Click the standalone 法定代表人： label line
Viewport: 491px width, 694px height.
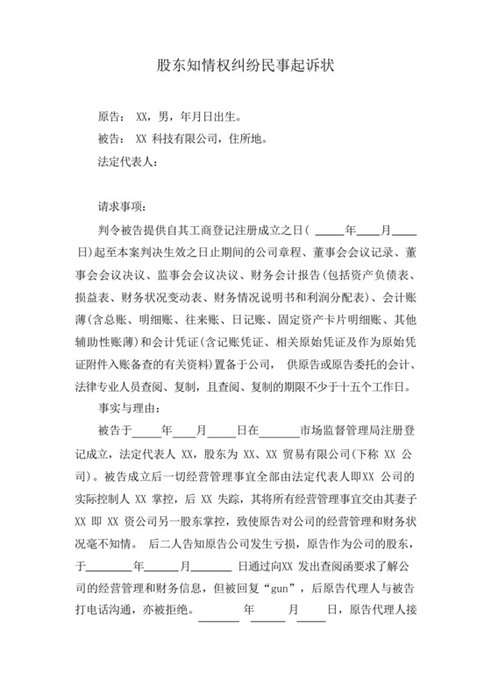126,161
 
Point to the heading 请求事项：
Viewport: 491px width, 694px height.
124,208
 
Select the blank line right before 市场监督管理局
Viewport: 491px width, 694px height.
279,431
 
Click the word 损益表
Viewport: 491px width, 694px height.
92,294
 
